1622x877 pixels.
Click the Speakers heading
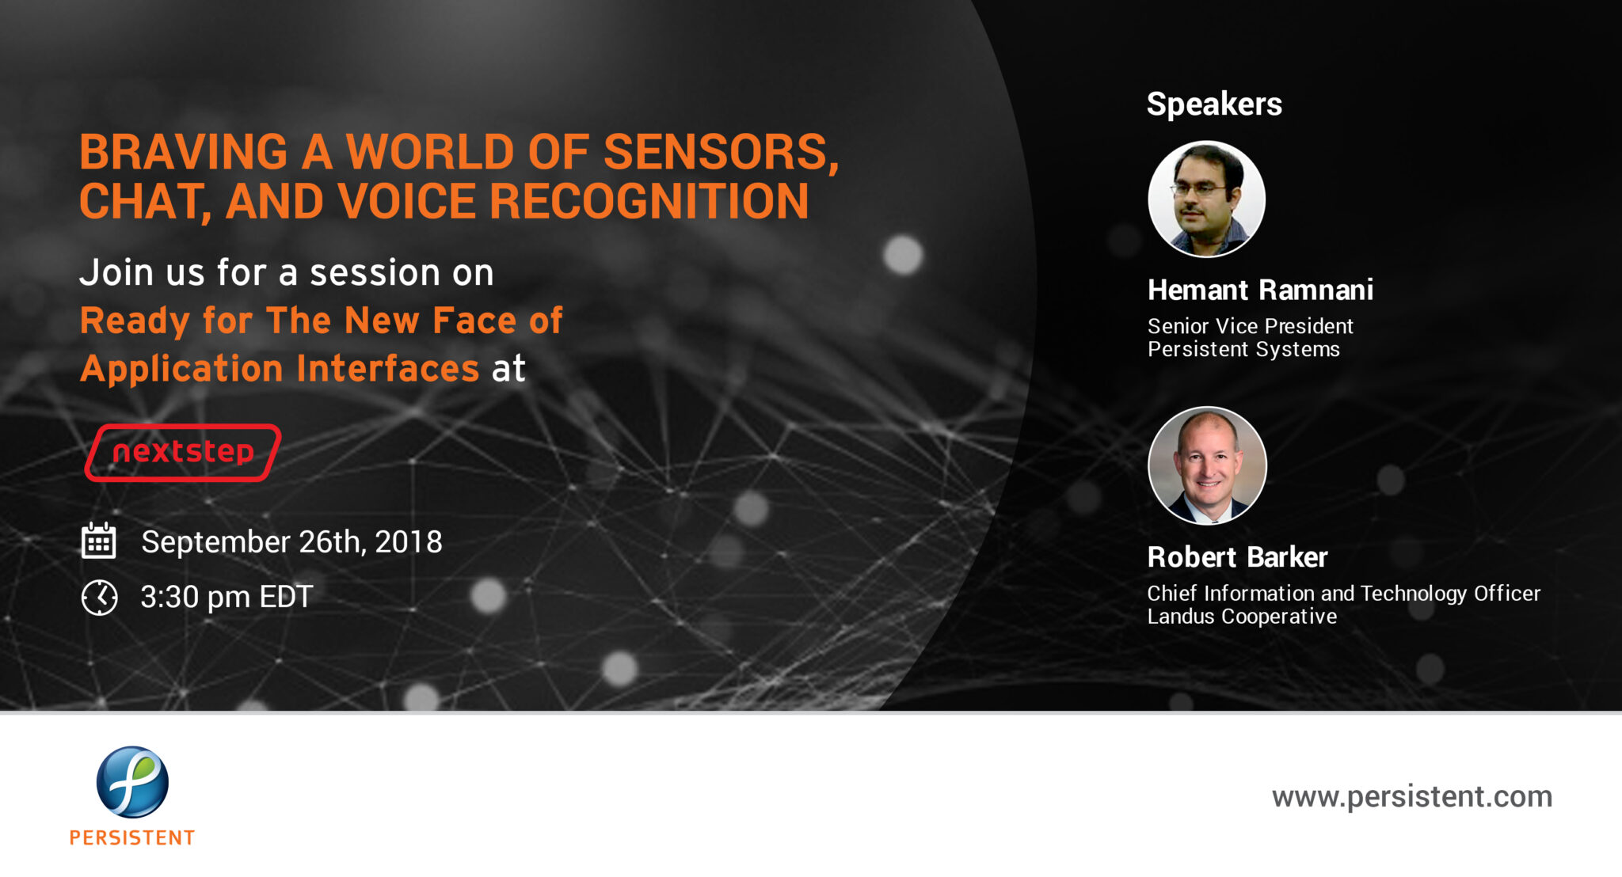tap(1214, 104)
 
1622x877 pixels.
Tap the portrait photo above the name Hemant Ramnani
tap(1206, 199)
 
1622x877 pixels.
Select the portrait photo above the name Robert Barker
tap(1207, 465)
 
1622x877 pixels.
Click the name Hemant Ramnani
tap(1260, 290)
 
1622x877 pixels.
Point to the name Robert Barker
tap(1237, 557)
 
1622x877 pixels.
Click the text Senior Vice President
tap(1250, 326)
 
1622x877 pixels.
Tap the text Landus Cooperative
tap(1242, 617)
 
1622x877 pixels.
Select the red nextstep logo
tap(183, 452)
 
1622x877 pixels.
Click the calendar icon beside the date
tap(99, 541)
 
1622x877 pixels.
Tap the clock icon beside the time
tap(99, 597)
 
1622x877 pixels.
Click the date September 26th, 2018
tap(291, 542)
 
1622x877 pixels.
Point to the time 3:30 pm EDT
tap(227, 597)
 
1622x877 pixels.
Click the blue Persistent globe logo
tap(132, 781)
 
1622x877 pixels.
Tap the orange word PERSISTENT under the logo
tap(132, 837)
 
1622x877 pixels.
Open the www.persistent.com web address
tap(1411, 796)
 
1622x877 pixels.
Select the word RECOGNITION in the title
tap(649, 201)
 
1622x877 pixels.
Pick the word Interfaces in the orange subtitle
tap(388, 369)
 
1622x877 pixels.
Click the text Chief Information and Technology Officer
tap(1343, 594)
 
